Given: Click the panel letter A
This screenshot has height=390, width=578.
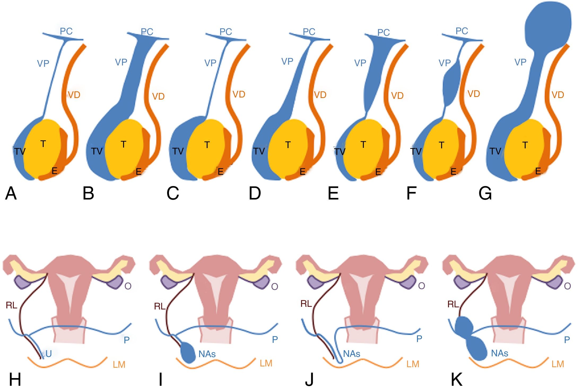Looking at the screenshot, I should coord(11,193).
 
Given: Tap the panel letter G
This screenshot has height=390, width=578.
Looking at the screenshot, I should coord(485,193).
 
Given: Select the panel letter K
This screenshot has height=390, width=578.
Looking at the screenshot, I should coord(457,379).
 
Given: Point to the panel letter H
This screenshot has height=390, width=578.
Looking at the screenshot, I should coord(15,379).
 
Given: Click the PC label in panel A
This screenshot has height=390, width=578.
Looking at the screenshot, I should coord(66,31).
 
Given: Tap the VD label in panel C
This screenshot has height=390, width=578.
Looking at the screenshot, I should coord(239,94).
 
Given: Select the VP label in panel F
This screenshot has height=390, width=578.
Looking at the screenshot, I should coord(445,63).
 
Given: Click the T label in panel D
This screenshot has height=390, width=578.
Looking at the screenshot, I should coord(288,145).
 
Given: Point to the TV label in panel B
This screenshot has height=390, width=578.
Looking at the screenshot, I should coord(97,151).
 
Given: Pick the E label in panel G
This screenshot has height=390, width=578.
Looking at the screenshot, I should coord(538,171).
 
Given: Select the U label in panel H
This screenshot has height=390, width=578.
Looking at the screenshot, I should coord(49,354).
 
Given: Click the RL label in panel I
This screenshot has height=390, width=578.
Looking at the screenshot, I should coord(160,307).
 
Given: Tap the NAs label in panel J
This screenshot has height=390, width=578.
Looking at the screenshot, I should coord(351,354).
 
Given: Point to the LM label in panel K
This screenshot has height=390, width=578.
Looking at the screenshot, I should coord(558,364).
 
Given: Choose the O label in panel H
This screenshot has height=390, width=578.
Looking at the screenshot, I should coord(128,286).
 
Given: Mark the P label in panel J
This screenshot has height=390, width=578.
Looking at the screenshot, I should coord(419,339).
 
